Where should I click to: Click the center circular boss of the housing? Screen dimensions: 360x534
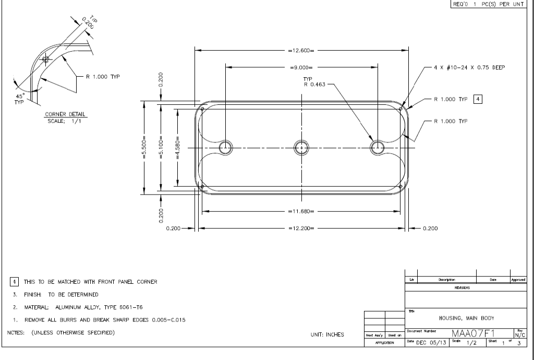tap(301, 147)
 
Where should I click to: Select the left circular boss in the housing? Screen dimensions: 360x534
tap(226, 147)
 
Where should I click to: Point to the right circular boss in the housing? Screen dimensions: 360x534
tap(377, 147)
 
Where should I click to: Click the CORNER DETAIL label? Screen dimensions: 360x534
tap(66, 114)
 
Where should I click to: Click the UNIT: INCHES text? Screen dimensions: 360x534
tap(327, 334)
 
